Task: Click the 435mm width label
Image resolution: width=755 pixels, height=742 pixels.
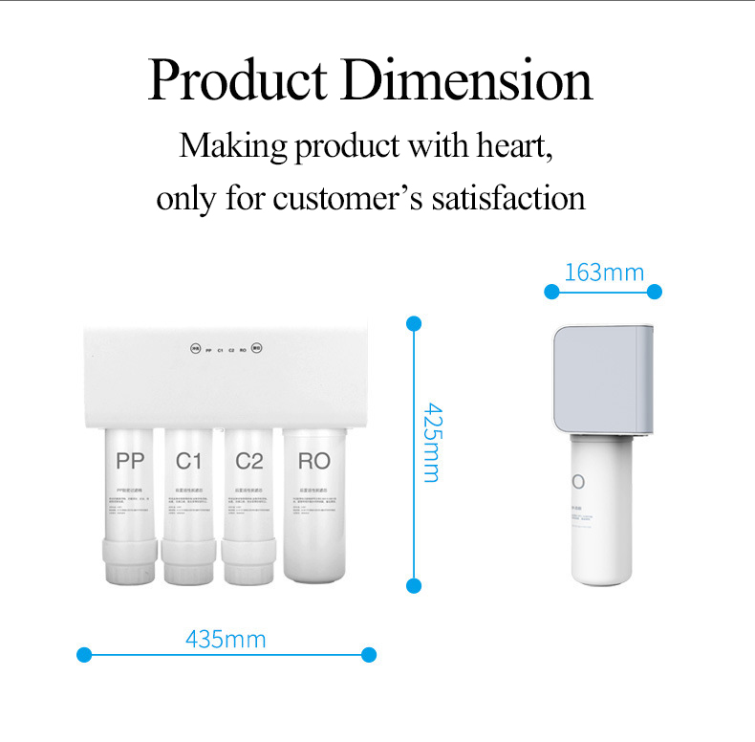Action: [226, 639]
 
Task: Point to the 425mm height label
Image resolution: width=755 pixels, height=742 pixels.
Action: [431, 442]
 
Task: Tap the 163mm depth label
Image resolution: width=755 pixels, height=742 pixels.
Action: [604, 273]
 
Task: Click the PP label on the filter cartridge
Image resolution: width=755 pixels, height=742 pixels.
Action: [130, 461]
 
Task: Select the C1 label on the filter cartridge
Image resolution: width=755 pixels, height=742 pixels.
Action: [189, 461]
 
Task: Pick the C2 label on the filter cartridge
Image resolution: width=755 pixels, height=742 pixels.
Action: [249, 461]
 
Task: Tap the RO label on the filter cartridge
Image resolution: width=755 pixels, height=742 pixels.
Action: [313, 461]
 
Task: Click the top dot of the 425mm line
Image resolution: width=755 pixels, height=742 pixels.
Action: [414, 323]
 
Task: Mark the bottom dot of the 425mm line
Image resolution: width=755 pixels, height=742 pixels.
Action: [414, 585]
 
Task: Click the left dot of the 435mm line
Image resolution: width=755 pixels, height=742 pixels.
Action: [83, 655]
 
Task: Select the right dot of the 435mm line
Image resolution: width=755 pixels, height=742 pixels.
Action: [370, 655]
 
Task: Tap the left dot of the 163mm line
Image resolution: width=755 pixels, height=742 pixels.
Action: [551, 292]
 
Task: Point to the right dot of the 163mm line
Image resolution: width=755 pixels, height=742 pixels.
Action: [655, 292]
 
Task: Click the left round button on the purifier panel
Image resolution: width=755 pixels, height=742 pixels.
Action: [195, 349]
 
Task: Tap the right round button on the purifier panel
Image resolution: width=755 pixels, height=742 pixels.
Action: [257, 349]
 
